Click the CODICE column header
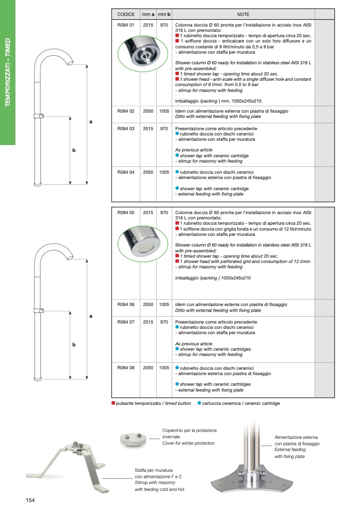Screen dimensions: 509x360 point(126,14)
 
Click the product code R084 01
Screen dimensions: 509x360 point(126,25)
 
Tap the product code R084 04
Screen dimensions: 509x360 point(126,173)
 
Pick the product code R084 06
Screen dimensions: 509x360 point(126,304)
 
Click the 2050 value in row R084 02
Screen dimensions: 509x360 point(148,111)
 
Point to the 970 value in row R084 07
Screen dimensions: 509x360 point(164,322)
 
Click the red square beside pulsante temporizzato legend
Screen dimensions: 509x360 point(113,403)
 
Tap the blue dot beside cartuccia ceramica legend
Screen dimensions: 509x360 point(199,403)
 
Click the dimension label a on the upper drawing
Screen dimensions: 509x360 point(91,122)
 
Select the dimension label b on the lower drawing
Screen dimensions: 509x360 point(74,345)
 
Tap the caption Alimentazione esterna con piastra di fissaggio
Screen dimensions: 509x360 point(297,439)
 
